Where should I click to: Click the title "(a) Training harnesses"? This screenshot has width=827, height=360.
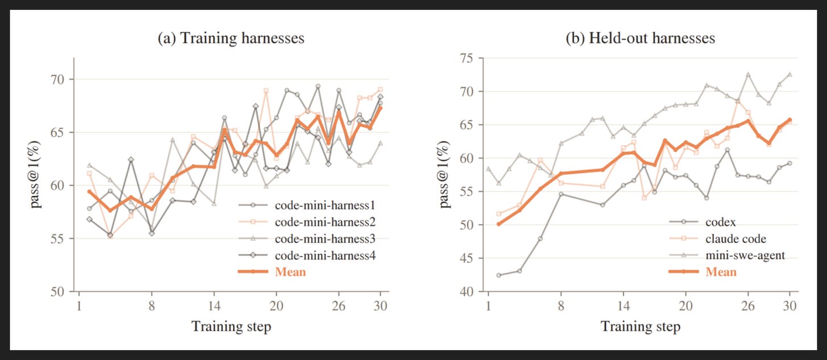click(231, 39)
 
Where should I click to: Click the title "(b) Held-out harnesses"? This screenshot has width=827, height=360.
click(640, 39)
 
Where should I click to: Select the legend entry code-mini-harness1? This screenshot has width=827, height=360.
click(307, 206)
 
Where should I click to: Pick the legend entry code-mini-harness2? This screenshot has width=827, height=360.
click(307, 222)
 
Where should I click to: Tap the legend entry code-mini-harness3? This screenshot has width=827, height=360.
click(307, 239)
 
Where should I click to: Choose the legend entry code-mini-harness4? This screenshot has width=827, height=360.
click(307, 256)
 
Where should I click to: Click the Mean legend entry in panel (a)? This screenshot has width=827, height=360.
click(272, 272)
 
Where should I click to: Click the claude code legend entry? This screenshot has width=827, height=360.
click(718, 239)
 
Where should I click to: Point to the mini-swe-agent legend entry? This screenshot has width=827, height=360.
click(727, 256)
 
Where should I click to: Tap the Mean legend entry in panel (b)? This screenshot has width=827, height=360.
click(703, 272)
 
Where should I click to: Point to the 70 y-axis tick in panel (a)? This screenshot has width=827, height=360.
click(57, 79)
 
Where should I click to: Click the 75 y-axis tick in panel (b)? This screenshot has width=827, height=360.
click(466, 58)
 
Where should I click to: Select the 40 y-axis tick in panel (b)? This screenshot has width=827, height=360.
click(466, 292)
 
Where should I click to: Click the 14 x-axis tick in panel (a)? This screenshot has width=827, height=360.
click(214, 306)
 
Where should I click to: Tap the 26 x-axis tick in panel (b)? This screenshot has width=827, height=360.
click(748, 306)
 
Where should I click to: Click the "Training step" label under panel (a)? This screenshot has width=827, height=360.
click(231, 326)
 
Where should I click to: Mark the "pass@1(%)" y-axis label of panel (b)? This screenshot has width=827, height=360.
click(444, 174)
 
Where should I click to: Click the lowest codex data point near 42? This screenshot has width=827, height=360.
click(499, 275)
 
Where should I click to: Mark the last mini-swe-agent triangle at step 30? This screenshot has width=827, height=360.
click(790, 74)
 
